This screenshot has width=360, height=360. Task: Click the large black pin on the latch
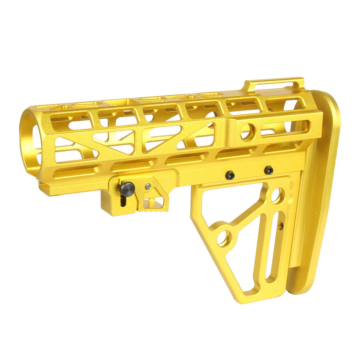127,189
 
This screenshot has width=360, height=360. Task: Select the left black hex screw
230,175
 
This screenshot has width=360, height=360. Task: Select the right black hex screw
269,170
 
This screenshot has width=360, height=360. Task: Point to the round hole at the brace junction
224,238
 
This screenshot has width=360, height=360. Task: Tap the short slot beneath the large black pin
123,202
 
